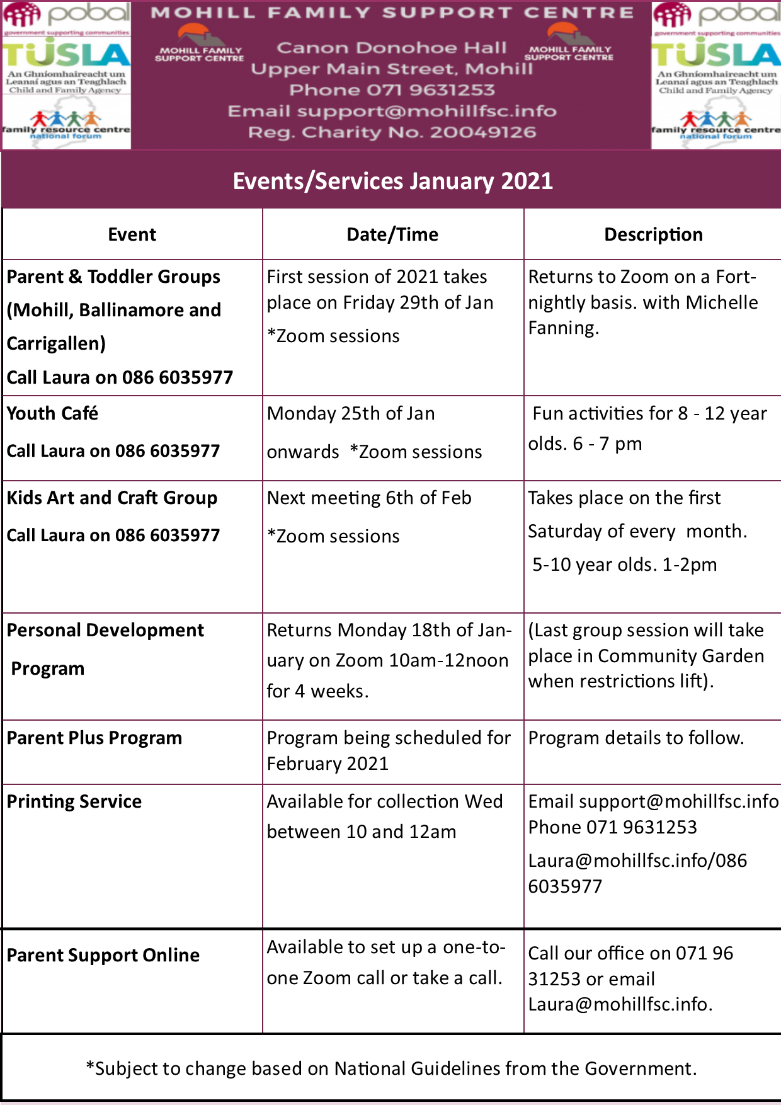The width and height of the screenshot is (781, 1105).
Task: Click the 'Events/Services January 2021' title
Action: coord(392,181)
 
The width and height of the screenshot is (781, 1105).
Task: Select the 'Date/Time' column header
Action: coord(392,234)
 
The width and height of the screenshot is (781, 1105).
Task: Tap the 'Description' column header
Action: coord(653,234)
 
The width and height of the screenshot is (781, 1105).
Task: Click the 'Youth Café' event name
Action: coord(52,413)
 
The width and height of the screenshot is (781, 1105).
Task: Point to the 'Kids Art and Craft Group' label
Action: coord(112,498)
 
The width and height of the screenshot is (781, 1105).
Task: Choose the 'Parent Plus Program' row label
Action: coord(94,738)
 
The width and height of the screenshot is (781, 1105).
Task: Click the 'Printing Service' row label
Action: coord(74,801)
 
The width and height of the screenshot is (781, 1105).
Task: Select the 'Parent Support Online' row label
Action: coord(103,955)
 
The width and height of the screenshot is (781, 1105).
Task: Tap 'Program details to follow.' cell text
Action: coord(636,738)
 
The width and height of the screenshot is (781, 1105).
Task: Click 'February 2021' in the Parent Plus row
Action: coord(328,764)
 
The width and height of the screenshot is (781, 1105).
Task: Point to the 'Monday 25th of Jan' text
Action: coord(351,413)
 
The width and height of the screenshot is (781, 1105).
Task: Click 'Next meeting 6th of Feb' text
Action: coord(369,498)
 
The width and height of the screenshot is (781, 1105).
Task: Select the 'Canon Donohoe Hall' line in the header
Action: coord(391,48)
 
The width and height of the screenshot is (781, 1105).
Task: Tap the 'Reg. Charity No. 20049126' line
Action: coord(392,132)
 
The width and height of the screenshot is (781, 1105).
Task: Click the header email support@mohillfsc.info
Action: coord(426,112)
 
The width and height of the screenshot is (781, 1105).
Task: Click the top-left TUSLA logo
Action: coord(66,55)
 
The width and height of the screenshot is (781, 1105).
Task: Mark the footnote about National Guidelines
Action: coord(391,1068)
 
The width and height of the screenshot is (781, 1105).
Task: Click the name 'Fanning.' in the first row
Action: coord(563,328)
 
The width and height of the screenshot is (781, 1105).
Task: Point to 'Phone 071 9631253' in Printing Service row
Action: coord(612,827)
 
